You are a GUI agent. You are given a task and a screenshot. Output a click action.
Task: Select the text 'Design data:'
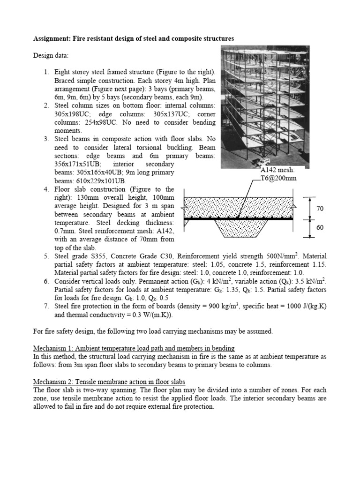51,55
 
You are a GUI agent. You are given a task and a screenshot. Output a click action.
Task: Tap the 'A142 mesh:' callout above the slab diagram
278,170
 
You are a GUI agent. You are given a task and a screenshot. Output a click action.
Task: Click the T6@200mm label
280,178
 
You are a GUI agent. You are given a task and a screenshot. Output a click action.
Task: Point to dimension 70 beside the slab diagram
320,208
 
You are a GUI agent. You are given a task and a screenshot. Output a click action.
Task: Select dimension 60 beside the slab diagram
320,228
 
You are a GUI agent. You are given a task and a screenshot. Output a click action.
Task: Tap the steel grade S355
94,256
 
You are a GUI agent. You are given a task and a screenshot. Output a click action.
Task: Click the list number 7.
46,307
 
